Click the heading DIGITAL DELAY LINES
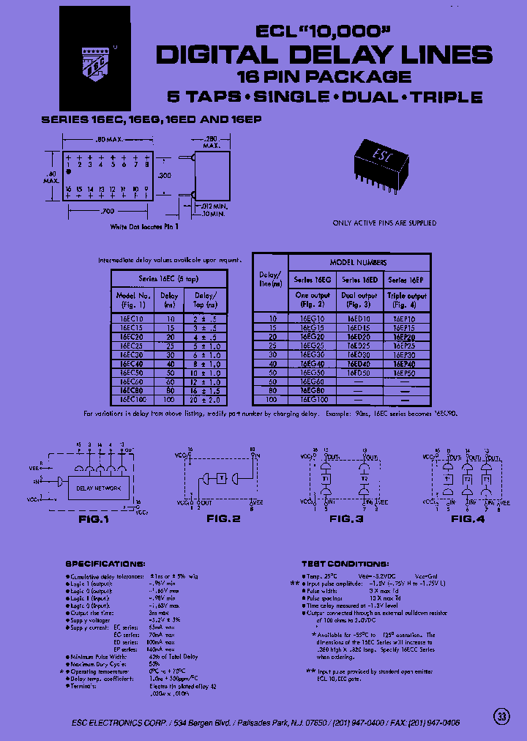coord(324,55)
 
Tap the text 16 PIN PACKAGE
coord(324,76)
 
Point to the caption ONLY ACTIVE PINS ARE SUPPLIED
coord(384,223)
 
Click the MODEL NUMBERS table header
coord(359,262)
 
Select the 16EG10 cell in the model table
coord(313,319)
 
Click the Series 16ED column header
coord(360,280)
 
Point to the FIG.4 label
coord(468,518)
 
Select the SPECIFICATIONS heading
coord(105,564)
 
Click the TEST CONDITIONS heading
coord(345,564)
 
